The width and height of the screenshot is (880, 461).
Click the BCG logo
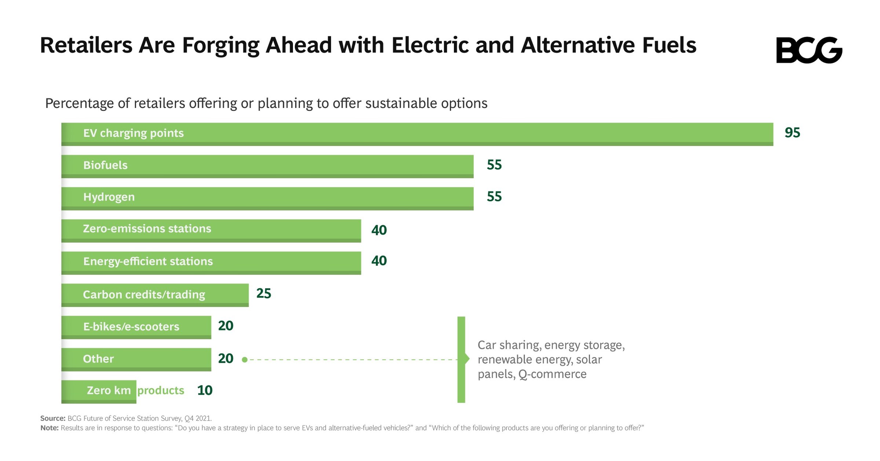coord(809,50)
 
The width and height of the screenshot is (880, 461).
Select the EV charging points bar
coord(417,134)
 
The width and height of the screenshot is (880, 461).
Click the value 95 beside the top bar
coord(792,132)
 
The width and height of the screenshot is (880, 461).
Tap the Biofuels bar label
coord(105,165)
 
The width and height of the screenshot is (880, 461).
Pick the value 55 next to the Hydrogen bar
coord(494,197)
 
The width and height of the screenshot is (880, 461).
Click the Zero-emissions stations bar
coord(211,230)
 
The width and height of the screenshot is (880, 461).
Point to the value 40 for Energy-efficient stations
coord(379,261)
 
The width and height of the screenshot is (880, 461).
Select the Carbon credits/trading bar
coord(155,294)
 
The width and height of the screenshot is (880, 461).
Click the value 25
coord(263,293)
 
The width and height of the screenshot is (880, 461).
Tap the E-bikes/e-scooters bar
coord(136,326)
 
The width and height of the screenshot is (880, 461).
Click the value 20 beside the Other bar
coord(225,358)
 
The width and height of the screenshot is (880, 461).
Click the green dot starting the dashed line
coord(245,360)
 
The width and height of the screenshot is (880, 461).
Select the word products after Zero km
coord(161,390)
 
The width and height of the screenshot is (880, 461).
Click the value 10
coord(205,390)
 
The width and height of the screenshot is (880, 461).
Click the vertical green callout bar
coord(461,359)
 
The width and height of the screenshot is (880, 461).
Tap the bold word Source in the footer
coord(52,418)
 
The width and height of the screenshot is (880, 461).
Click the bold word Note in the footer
coord(49,428)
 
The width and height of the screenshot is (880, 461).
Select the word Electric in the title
coord(430,45)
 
